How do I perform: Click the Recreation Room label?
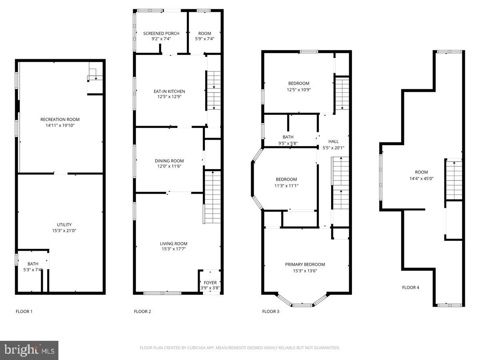tap(60, 119)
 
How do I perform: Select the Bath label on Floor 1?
tap(33, 264)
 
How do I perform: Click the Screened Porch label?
tap(161, 33)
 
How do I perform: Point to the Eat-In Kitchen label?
tap(169, 91)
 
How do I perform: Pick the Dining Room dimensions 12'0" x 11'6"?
tap(169, 166)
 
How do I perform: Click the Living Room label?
tap(174, 244)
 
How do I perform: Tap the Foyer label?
tap(210, 282)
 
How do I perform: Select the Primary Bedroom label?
tap(305, 264)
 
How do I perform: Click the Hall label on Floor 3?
tap(333, 141)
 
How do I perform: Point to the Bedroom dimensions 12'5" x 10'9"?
tap(299, 90)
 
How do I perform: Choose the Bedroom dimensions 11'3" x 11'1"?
tap(286, 185)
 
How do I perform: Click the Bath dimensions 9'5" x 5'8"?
tap(288, 143)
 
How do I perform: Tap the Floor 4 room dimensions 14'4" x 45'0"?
tap(421, 178)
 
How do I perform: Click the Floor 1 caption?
tap(24, 311)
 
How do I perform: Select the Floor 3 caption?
tap(270, 311)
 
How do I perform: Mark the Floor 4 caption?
tap(410, 287)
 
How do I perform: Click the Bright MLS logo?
tap(29, 350)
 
